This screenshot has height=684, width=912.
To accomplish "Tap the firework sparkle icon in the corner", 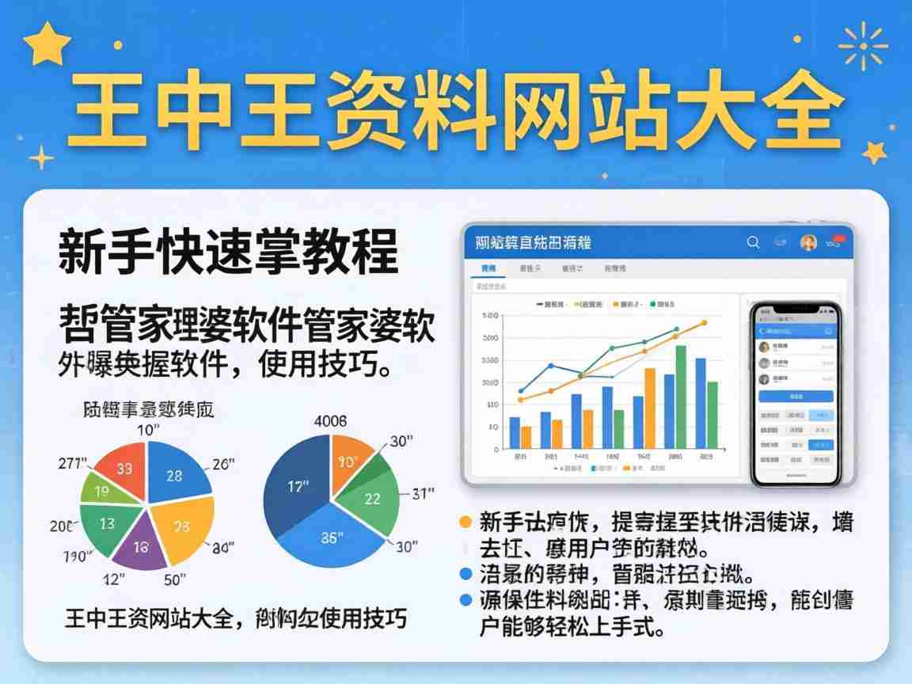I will pos(862,45).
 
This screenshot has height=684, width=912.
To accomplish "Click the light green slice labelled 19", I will pos(101,492).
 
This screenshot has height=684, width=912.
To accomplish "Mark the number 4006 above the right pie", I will pos(330,421).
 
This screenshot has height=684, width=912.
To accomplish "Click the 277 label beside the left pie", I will pos(73,463).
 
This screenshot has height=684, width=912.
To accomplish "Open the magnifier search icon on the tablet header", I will pos(753,242).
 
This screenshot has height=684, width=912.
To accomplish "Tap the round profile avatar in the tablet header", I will pos(808,242).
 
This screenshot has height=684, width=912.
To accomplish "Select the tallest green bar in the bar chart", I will pos(680,397).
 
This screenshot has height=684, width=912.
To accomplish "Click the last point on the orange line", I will pos(703,323).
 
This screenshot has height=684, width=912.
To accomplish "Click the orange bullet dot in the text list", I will pos(465,522).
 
